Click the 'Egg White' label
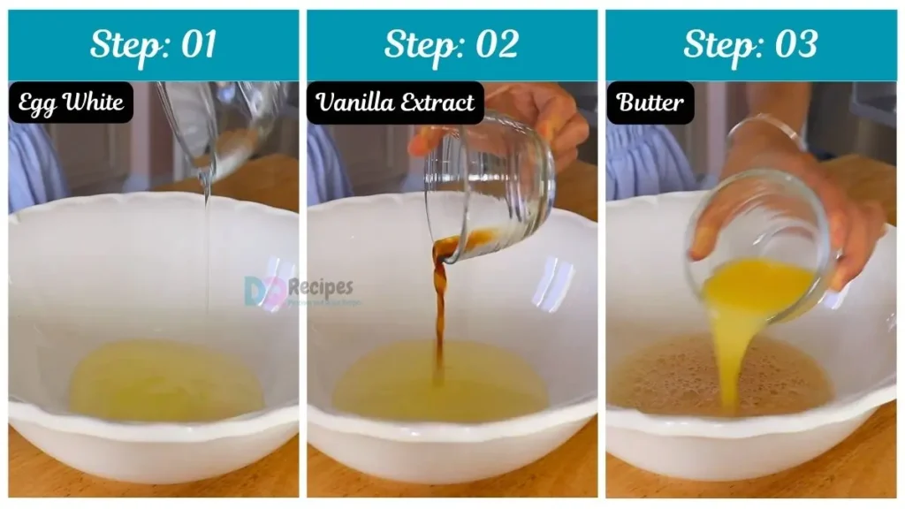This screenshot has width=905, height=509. pos(71,103)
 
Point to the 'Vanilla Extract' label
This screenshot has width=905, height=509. pos(395,103)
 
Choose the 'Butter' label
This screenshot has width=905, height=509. pos(650,103)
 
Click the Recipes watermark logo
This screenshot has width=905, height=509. pos(298,290)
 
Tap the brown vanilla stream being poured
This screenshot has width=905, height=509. pos(439,309)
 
